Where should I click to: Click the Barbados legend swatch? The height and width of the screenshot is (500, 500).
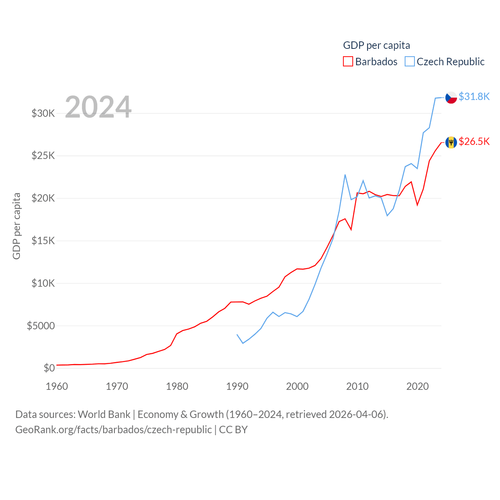348,62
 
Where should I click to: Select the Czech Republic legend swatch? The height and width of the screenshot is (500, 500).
409,62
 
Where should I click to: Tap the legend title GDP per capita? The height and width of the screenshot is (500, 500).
377,45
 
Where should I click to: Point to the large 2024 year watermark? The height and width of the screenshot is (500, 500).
98,107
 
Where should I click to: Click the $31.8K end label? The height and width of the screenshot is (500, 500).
474,96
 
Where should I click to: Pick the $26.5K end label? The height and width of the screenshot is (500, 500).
474,141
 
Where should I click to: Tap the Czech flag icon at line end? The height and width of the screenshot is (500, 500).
451,97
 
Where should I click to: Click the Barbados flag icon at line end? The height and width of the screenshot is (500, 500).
451,142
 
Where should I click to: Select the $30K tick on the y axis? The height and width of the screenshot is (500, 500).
43,113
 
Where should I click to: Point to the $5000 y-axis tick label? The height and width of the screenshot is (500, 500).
41,326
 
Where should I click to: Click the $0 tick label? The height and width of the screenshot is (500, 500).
49,368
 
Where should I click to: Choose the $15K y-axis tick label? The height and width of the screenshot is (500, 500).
43,241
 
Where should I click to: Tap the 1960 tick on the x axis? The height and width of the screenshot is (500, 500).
57,386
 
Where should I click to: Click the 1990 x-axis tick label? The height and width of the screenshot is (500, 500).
237,386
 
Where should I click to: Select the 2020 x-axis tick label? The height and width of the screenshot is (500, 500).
418,386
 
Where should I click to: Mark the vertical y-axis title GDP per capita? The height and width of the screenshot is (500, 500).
16,226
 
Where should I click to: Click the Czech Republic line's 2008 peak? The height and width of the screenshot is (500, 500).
345,175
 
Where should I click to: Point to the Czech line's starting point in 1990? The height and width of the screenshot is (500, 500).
237,334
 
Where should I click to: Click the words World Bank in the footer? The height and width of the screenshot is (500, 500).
104,414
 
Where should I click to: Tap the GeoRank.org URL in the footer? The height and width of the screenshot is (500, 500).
113,430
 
